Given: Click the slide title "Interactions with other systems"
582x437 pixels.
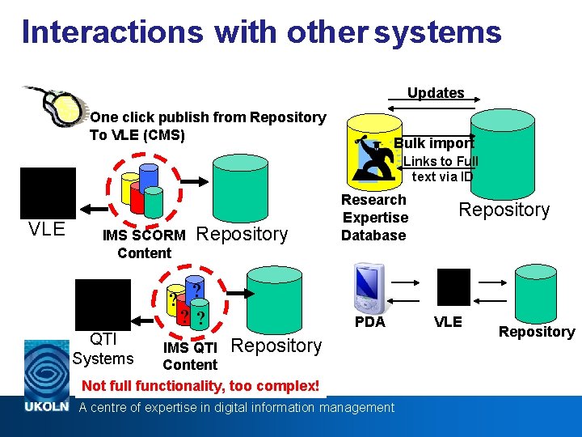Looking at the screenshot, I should click(x=261, y=32).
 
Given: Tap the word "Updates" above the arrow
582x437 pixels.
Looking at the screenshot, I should click(x=436, y=92).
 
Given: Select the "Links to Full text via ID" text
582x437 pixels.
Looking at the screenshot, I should click(x=441, y=168).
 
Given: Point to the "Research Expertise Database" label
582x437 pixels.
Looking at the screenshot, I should click(x=374, y=218).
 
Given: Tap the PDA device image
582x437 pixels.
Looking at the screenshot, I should click(x=368, y=290).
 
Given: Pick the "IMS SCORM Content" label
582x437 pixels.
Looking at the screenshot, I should click(x=144, y=244).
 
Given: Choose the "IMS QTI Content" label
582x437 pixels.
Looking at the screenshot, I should click(x=190, y=356).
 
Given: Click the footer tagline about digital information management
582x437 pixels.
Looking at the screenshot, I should click(x=236, y=407).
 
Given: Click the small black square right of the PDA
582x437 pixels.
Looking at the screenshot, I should click(x=453, y=286).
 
